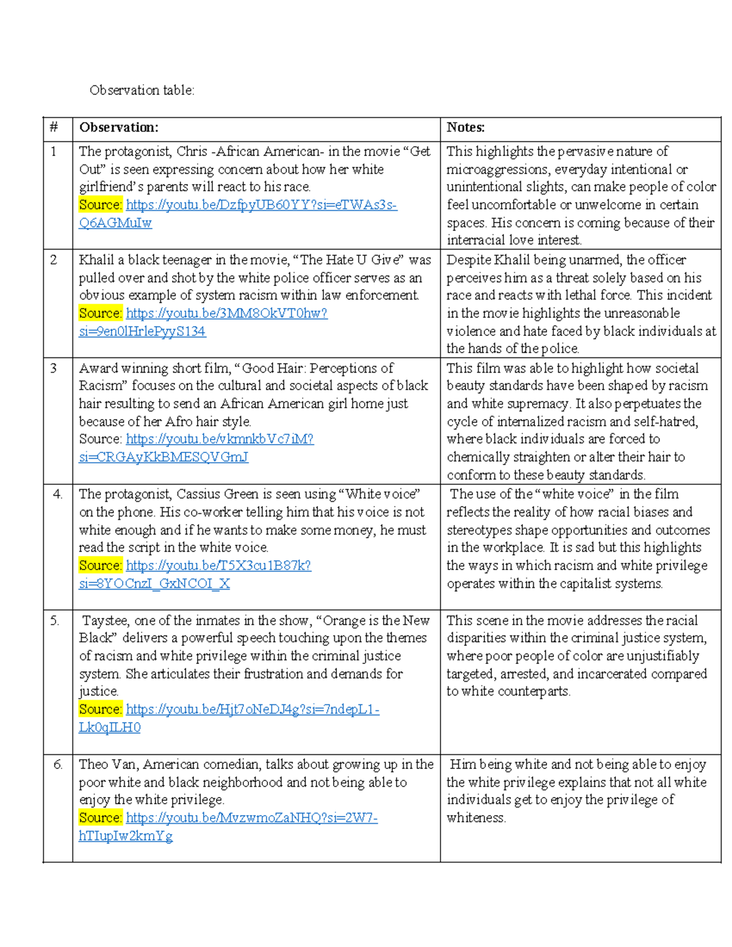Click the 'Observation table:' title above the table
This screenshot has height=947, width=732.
(142, 90)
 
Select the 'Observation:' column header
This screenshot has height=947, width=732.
(118, 127)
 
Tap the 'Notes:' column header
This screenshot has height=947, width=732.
(465, 127)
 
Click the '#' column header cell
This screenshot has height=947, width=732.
(54, 127)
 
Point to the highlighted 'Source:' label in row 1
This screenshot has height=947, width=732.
(101, 205)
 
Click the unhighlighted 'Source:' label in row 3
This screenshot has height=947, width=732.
(101, 439)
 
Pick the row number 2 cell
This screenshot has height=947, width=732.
(54, 260)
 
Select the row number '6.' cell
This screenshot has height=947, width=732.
(58, 765)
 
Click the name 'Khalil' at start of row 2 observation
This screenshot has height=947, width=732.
(97, 260)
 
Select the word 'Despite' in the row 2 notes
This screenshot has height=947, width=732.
(468, 260)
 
